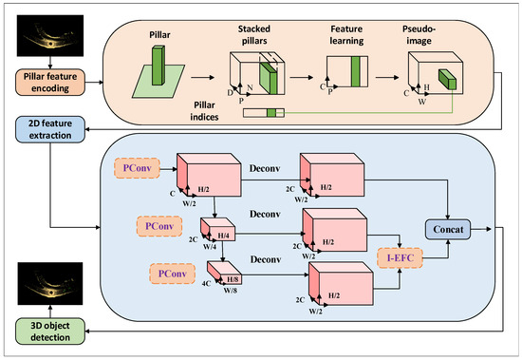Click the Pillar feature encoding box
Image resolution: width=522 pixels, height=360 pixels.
[x=50, y=83]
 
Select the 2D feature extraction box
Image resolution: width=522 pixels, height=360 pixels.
[x=50, y=129]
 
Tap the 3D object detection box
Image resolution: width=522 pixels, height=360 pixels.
[x=50, y=332]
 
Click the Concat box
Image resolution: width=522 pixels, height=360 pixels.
[x=448, y=229]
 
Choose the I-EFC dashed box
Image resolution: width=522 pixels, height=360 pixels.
[x=401, y=257]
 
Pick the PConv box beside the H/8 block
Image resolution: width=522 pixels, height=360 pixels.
[x=173, y=274]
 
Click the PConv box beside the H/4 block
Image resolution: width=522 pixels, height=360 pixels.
[x=159, y=226]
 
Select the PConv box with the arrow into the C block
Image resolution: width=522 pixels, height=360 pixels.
[x=138, y=168]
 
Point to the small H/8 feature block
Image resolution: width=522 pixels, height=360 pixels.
[x=225, y=273]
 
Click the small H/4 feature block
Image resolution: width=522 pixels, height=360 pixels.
[x=218, y=229]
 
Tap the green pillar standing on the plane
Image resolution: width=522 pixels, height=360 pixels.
[x=158, y=66]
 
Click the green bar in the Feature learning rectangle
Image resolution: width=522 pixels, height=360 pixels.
[x=356, y=71]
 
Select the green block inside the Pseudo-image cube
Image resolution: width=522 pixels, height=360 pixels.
[x=447, y=79]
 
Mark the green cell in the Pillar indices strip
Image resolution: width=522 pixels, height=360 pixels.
[x=271, y=113]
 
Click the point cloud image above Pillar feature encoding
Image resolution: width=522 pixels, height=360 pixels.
[x=50, y=35]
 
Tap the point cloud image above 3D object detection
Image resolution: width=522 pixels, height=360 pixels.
[x=50, y=283]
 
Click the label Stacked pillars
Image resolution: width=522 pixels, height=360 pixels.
[x=254, y=34]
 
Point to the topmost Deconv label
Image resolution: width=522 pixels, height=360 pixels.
[x=265, y=168]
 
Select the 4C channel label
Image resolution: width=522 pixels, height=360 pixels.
[x=206, y=283]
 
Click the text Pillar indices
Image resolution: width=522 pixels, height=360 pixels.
[x=204, y=111]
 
